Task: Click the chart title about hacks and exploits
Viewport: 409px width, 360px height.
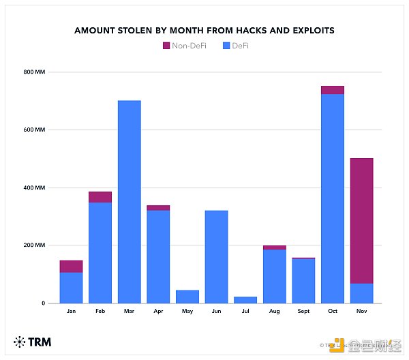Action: pos(204,31)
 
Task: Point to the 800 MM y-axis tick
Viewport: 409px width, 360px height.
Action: pos(35,72)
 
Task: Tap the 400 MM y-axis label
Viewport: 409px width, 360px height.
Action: pos(35,187)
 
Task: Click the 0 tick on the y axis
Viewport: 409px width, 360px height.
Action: pos(42,303)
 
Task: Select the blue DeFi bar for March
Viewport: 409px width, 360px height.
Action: pos(130,202)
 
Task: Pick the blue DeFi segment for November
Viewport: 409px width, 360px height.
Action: pos(362,293)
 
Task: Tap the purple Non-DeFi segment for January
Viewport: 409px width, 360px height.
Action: pos(71,266)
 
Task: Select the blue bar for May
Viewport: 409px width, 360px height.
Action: pos(187,297)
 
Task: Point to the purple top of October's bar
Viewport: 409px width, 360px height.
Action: pos(333,90)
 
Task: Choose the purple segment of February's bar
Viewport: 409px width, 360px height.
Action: pos(100,197)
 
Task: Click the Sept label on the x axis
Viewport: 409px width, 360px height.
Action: pos(304,312)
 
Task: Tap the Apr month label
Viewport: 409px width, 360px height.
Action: pos(158,312)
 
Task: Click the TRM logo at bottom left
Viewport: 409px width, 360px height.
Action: pos(32,342)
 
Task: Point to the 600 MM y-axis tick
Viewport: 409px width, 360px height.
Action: pos(35,130)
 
